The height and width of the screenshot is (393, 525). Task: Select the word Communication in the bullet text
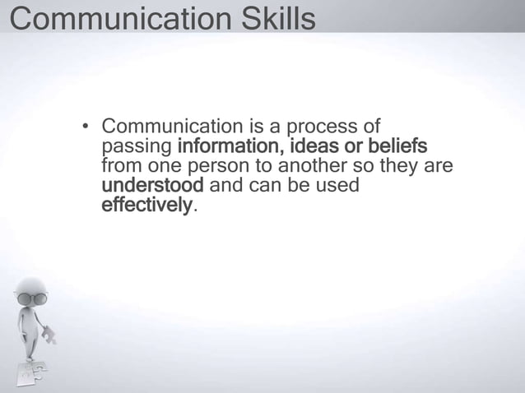(x=170, y=127)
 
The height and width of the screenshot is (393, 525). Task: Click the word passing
(x=135, y=147)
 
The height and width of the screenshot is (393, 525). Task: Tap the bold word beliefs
(x=398, y=147)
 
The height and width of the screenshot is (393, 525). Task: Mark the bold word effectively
(x=146, y=205)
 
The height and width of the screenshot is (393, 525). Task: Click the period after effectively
(x=195, y=207)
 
